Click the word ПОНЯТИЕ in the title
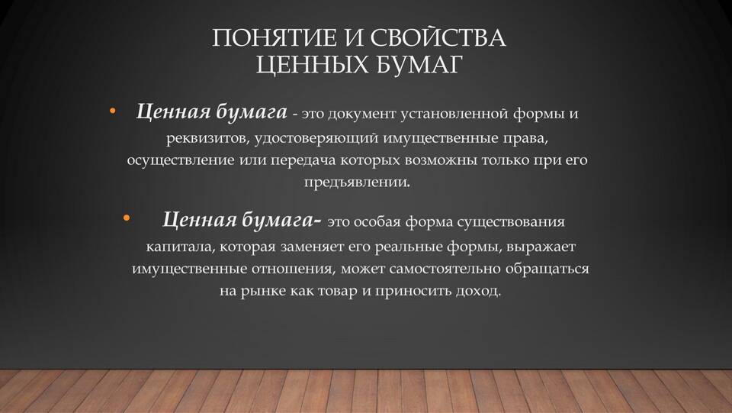click(274, 37)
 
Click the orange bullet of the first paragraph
click(112, 111)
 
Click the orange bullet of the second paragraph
click(127, 218)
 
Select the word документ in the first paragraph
click(361, 114)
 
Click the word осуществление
click(181, 160)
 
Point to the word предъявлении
click(358, 182)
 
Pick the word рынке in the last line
click(263, 292)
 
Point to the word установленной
click(454, 114)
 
